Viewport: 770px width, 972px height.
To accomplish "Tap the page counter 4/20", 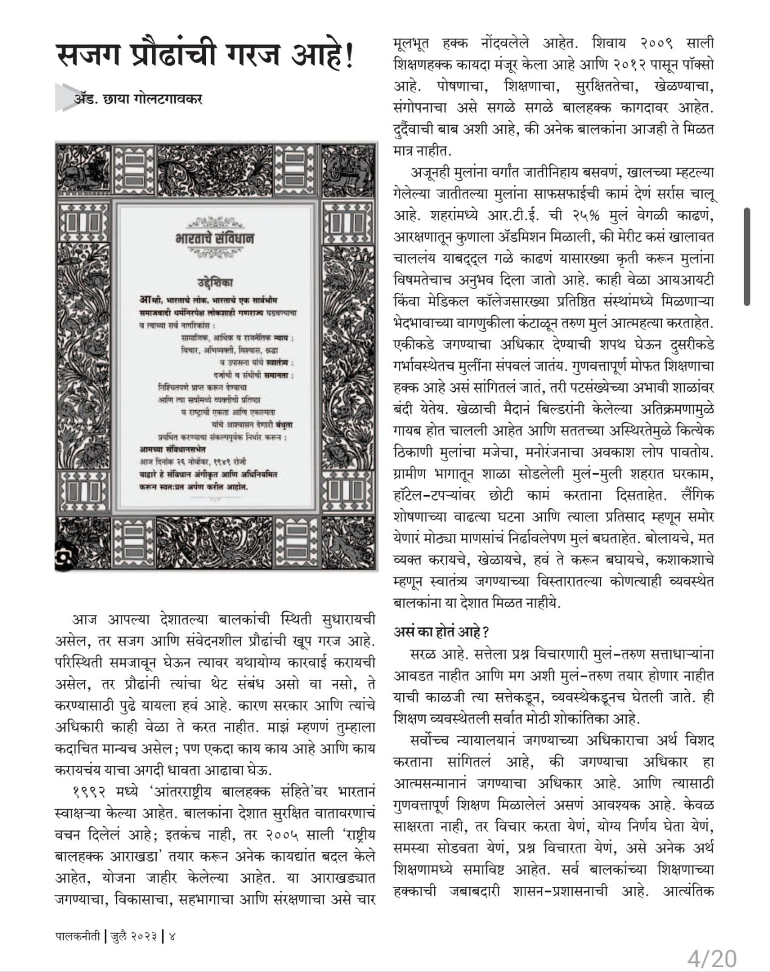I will pos(712,959).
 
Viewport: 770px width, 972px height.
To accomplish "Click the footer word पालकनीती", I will pos(77,936).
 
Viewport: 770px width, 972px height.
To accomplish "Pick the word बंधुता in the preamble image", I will pos(283,425).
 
